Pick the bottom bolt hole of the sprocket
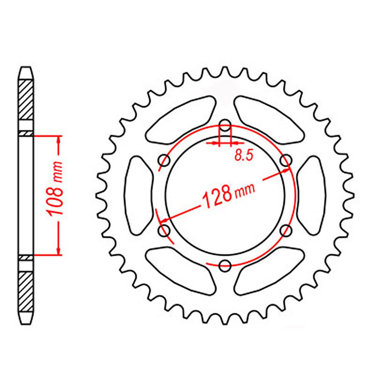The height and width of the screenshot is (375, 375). coord(225,266)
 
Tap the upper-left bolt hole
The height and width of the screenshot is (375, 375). coord(164,161)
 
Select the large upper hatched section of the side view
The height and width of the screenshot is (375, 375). coord(26,100)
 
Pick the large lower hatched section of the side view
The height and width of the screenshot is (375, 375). coord(26,292)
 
